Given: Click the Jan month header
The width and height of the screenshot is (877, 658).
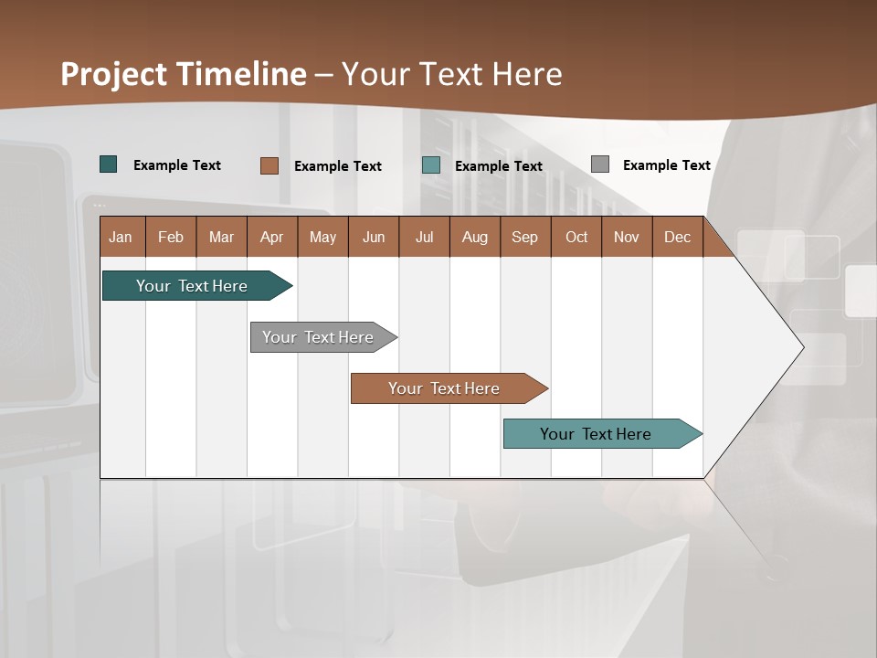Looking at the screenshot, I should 122,237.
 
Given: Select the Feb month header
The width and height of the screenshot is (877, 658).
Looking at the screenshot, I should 171,237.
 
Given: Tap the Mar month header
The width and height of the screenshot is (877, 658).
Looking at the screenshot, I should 221,237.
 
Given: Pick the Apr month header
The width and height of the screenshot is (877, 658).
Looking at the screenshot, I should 272,237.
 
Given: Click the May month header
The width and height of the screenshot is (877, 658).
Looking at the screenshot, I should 322,237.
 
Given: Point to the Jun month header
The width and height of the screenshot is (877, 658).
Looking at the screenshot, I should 374,237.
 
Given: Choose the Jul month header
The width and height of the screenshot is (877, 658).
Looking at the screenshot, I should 424,237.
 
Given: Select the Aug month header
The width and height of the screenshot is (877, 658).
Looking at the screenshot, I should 475,237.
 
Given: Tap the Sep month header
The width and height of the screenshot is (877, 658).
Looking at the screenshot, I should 525,237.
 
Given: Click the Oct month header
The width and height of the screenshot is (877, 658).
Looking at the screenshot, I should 576,237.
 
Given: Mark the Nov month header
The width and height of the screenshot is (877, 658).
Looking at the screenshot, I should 627,237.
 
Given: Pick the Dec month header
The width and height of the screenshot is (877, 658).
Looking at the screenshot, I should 678,237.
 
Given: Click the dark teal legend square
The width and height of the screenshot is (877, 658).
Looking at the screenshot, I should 109,164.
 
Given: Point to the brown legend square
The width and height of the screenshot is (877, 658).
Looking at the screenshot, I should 269,165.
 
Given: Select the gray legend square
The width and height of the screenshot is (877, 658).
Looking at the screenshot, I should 600,164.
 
